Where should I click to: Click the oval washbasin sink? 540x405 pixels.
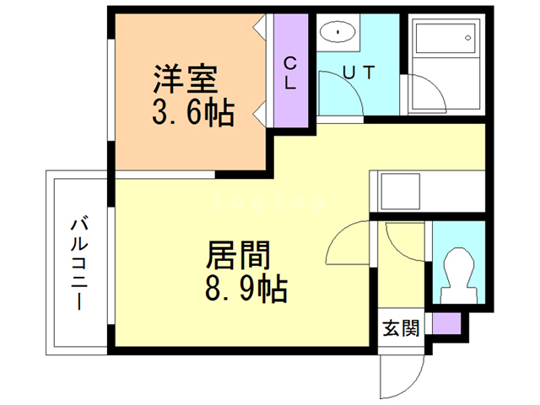338,33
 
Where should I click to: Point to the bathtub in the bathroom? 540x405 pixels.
444,65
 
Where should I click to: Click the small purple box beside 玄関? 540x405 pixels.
446,323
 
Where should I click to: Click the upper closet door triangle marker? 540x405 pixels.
261,27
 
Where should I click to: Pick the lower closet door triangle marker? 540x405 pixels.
261,110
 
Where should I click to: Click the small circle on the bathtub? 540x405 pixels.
468,40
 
